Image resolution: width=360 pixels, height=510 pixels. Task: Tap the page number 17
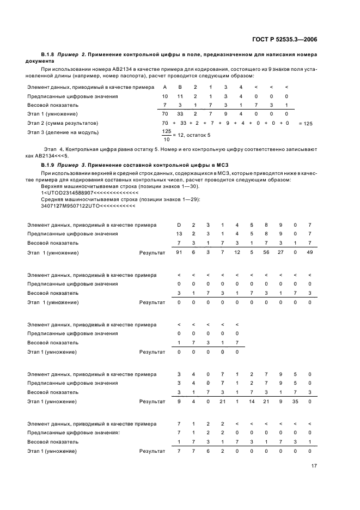(314, 466)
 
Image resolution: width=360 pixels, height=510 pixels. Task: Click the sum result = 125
(306, 124)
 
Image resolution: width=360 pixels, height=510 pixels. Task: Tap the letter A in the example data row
(165, 87)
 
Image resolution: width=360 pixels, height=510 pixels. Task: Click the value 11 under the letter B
(180, 96)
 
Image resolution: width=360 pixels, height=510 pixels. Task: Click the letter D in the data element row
(179, 225)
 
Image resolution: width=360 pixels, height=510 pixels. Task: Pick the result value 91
(179, 253)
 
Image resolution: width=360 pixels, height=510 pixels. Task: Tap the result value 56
(266, 253)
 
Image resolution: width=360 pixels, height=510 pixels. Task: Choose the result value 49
(309, 253)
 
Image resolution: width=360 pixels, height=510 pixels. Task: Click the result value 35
(295, 401)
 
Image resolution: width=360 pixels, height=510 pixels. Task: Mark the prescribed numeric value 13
(179, 234)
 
